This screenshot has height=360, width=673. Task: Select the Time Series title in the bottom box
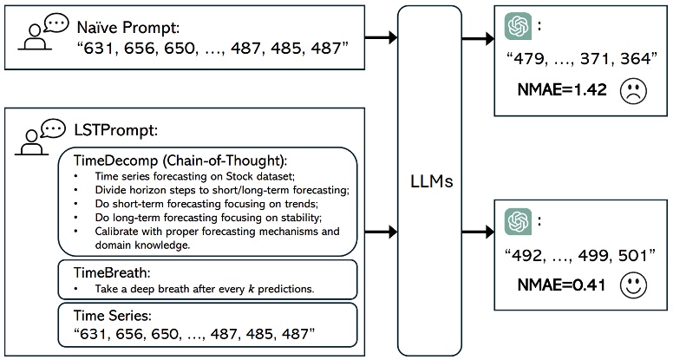111,315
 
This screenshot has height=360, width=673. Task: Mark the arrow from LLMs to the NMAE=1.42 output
477,36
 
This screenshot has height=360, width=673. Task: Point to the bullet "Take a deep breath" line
193,287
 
